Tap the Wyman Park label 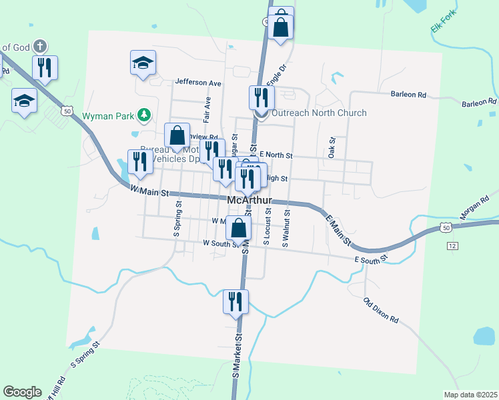tap(109, 116)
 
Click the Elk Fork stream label tap(443, 23)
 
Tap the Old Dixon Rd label tap(381, 310)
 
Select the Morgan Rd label tap(474, 208)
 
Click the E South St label tap(371, 258)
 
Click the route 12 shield tap(453, 246)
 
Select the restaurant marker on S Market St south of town tap(235, 302)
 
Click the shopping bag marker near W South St tap(239, 229)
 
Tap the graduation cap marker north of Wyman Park tap(143, 63)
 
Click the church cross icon tap(40, 46)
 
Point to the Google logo tap(22, 392)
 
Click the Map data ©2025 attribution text tap(470, 395)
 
